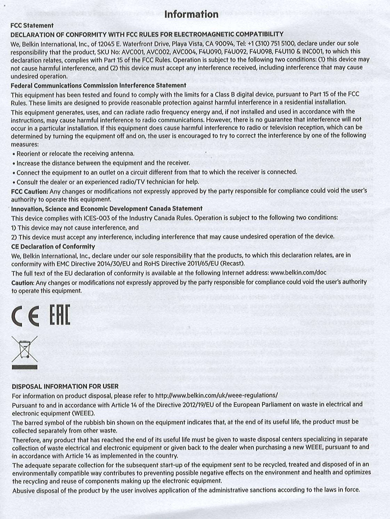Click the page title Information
click(x=191, y=14)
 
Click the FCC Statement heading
click(x=32, y=25)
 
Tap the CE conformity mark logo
click(x=25, y=316)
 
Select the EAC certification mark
click(x=59, y=315)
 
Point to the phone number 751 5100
click(x=280, y=43)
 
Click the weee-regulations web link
click(x=216, y=395)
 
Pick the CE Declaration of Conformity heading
click(x=53, y=246)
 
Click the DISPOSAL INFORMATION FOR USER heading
click(x=65, y=386)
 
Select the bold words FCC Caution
click(x=29, y=191)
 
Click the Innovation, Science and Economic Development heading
click(x=107, y=208)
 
